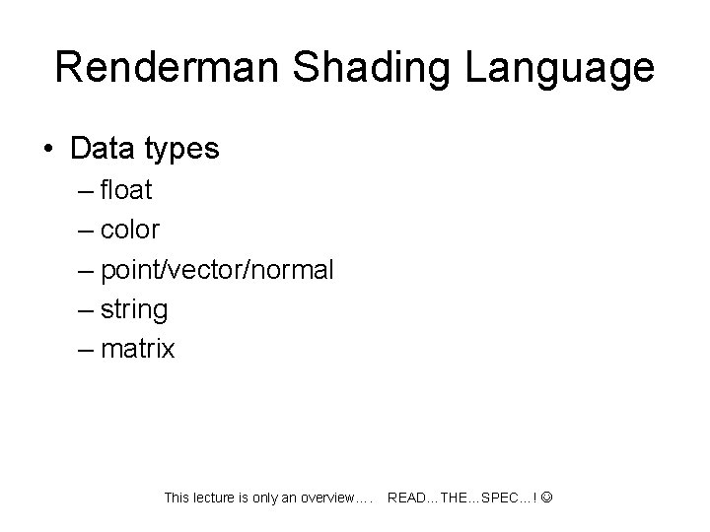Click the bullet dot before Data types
point(48,150)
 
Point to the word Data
point(103,150)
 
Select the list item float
point(125,189)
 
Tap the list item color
point(130,230)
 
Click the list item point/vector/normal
point(217,270)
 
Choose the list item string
point(134,310)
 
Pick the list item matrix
point(137,349)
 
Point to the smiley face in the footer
point(547,498)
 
